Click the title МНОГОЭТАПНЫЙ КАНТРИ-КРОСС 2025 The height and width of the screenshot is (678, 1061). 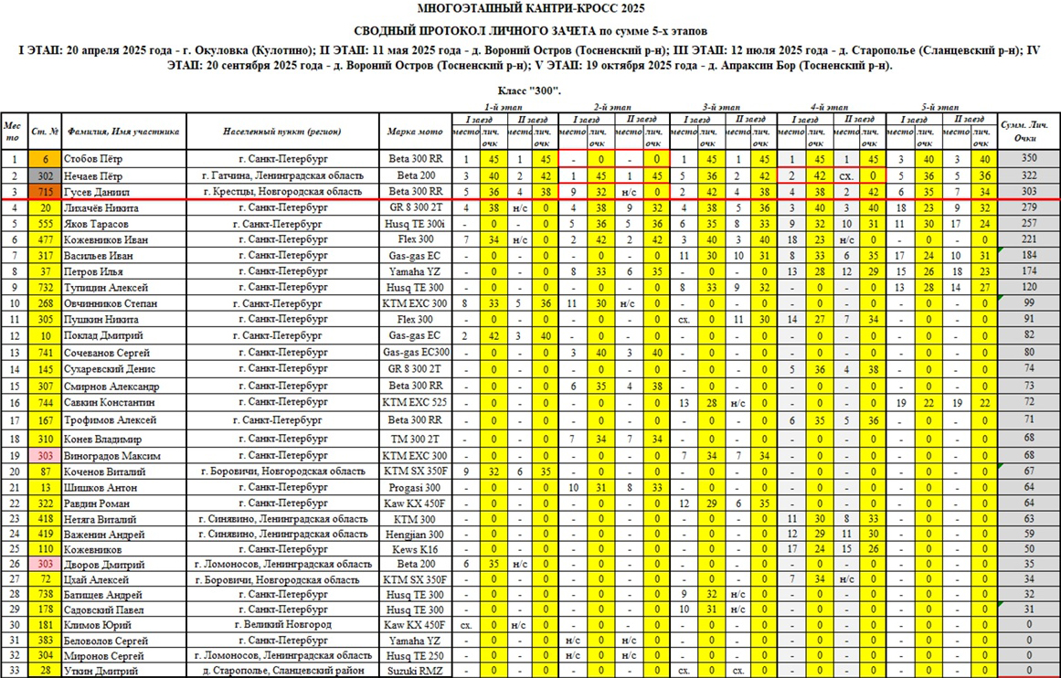point(530,8)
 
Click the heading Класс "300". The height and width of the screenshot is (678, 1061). point(530,91)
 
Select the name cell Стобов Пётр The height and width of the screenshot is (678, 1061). point(94,158)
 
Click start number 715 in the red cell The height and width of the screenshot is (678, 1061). point(46,192)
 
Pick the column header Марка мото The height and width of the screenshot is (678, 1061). point(416,132)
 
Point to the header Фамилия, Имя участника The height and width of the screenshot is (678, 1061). point(123,132)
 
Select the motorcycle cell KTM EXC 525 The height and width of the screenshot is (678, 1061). point(416,402)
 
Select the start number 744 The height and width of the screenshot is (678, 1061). point(46,402)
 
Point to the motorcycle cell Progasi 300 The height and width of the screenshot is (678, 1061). point(416,487)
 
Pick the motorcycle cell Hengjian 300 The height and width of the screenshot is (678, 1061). point(416,534)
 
